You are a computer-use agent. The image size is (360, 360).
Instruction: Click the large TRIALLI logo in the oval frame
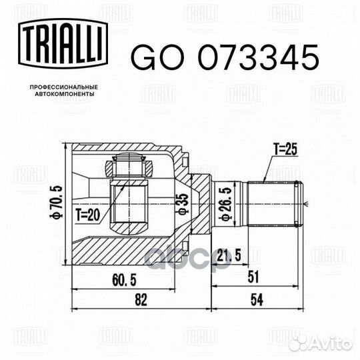coord(63,43)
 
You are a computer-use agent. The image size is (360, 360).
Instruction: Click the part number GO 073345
coord(225,57)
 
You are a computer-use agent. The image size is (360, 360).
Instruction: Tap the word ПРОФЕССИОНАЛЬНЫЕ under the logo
coord(64,87)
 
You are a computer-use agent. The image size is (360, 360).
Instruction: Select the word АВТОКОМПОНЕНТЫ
coord(65,94)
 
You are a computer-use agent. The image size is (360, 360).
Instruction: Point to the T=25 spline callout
coord(285,149)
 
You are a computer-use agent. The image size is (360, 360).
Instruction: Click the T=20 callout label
coord(88,215)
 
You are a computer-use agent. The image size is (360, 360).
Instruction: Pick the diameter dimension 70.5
coord(57,202)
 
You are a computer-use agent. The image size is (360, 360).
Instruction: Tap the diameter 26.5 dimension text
coord(226,204)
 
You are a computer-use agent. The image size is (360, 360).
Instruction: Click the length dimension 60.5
coord(124,280)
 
